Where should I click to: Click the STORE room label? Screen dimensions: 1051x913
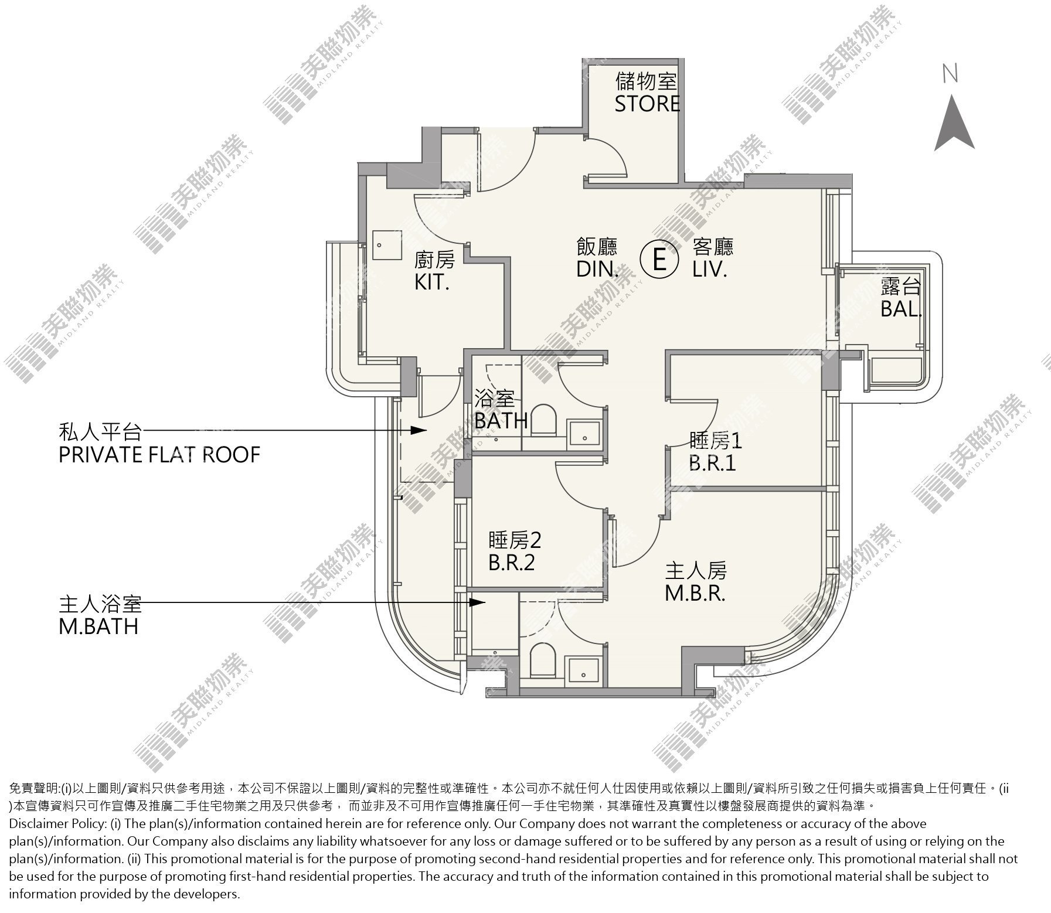(647, 103)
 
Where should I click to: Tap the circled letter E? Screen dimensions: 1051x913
(658, 258)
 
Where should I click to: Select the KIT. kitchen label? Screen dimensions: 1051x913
(431, 282)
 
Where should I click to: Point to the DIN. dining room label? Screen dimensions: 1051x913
(597, 269)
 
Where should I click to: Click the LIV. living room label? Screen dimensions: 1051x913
(709, 269)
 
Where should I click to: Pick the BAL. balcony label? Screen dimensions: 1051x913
(901, 309)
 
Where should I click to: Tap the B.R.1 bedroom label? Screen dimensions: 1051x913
(712, 463)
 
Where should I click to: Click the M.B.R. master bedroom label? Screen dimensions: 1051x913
(695, 594)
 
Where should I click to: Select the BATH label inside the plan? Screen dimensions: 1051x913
(501, 421)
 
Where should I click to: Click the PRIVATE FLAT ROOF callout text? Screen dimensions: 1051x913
(159, 455)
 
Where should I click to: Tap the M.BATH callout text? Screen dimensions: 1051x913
(98, 626)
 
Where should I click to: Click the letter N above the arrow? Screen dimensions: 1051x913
(950, 73)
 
